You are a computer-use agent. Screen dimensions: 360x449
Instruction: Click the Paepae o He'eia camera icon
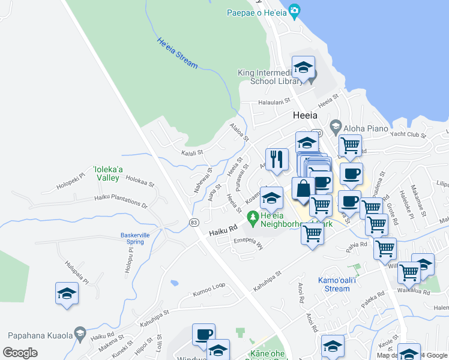tap(294, 11)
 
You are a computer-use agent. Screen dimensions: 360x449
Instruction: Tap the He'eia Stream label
tap(177, 52)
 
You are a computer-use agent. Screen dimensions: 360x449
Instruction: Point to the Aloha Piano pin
tap(335, 127)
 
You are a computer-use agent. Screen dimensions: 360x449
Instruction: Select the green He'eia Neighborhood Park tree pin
tap(253, 216)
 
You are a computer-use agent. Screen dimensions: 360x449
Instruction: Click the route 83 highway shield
tap(193, 222)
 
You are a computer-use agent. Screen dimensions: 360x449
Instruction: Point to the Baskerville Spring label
tap(131, 238)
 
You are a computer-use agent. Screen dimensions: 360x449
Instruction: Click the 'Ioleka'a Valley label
tap(109, 173)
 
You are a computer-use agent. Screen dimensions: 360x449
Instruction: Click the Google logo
tap(20, 352)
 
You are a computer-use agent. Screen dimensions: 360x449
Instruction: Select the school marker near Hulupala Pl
tap(67, 294)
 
